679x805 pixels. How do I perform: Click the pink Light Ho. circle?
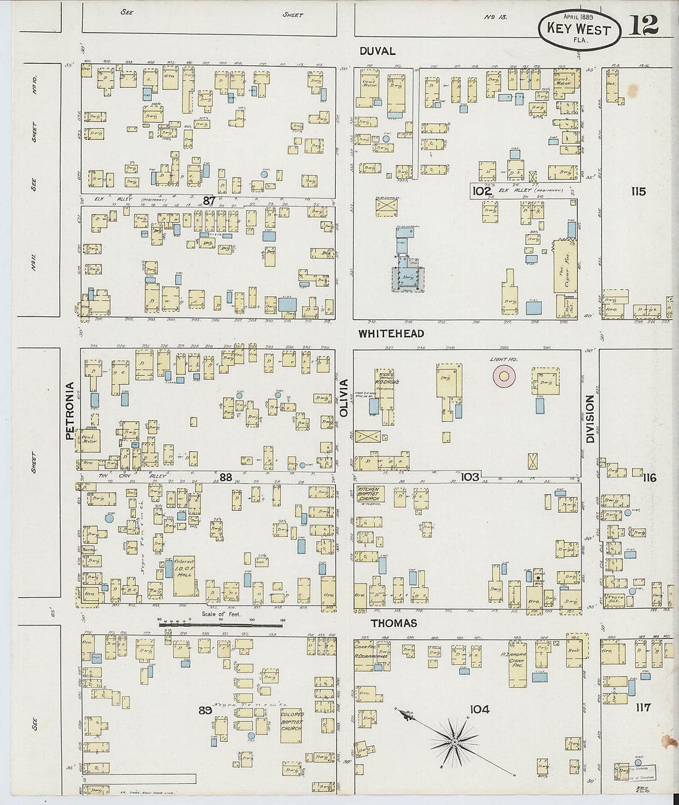click(x=504, y=376)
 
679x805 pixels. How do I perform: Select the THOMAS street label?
click(x=393, y=623)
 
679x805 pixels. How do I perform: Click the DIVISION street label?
click(x=589, y=419)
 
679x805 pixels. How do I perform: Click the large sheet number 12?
click(x=643, y=25)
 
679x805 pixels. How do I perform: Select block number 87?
click(x=209, y=200)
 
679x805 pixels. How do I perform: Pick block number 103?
click(x=470, y=477)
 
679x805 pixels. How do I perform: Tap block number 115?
click(x=638, y=192)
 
